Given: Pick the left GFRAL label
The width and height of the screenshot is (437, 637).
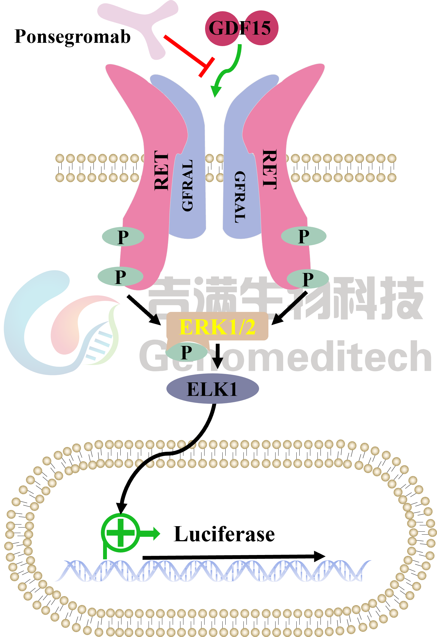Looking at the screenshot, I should coord(188,185).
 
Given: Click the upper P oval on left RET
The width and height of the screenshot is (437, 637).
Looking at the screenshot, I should coord(123,236).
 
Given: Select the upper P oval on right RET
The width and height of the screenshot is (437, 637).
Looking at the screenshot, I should coord(303,236).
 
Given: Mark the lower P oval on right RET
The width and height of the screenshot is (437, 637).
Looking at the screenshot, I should coord(308,279).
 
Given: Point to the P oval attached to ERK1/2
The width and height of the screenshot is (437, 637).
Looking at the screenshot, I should coord(186,352).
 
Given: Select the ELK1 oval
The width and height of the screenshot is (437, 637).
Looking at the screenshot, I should coord(212,389).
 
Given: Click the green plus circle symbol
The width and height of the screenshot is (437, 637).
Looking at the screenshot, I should coord(121,533).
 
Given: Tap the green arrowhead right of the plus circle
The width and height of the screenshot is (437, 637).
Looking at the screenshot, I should coord(157,534).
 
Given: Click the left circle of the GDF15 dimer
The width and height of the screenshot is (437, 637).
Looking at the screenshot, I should coord(222,28).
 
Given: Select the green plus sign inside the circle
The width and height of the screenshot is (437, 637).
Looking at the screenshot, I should coord(121,533).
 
